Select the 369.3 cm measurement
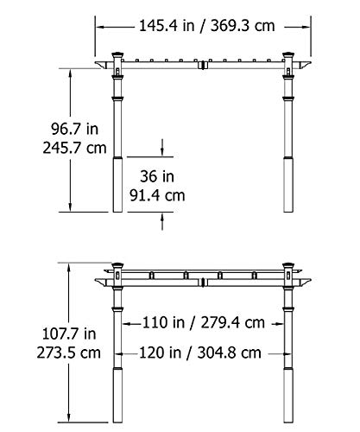(241, 26)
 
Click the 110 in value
(157, 324)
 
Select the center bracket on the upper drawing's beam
(204, 66)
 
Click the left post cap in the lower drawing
(117, 270)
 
